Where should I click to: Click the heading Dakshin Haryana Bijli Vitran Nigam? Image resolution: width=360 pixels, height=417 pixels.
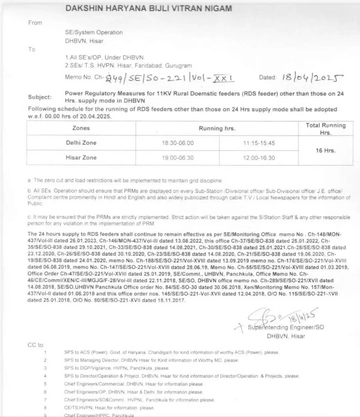(x=149, y=8)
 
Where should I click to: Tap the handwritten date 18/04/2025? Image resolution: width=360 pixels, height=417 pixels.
(x=313, y=78)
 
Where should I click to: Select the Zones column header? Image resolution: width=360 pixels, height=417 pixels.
(x=81, y=128)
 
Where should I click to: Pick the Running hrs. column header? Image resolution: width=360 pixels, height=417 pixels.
(x=217, y=129)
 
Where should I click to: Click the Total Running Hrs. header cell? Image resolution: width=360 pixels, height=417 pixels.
(x=326, y=129)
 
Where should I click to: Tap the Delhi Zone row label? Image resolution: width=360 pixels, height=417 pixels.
(x=81, y=143)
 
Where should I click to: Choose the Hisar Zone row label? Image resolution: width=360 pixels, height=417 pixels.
(x=81, y=158)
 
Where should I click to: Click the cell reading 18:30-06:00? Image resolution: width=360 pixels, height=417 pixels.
(x=178, y=143)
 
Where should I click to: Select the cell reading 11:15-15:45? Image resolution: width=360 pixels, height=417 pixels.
(x=259, y=143)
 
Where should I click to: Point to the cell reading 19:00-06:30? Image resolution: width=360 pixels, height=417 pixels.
(x=178, y=158)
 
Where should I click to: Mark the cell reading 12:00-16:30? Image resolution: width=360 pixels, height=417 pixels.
(x=259, y=158)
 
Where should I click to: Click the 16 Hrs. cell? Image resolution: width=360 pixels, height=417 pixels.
(x=326, y=151)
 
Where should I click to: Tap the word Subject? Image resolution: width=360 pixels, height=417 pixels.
(x=40, y=97)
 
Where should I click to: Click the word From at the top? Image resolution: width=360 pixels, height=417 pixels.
(x=35, y=23)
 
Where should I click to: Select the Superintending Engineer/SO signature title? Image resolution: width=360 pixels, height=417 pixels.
(x=286, y=327)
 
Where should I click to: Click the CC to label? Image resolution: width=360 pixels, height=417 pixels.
(x=35, y=345)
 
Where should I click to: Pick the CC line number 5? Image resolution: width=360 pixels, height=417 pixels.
(x=45, y=384)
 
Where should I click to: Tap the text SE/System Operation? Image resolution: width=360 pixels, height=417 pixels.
(x=94, y=33)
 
